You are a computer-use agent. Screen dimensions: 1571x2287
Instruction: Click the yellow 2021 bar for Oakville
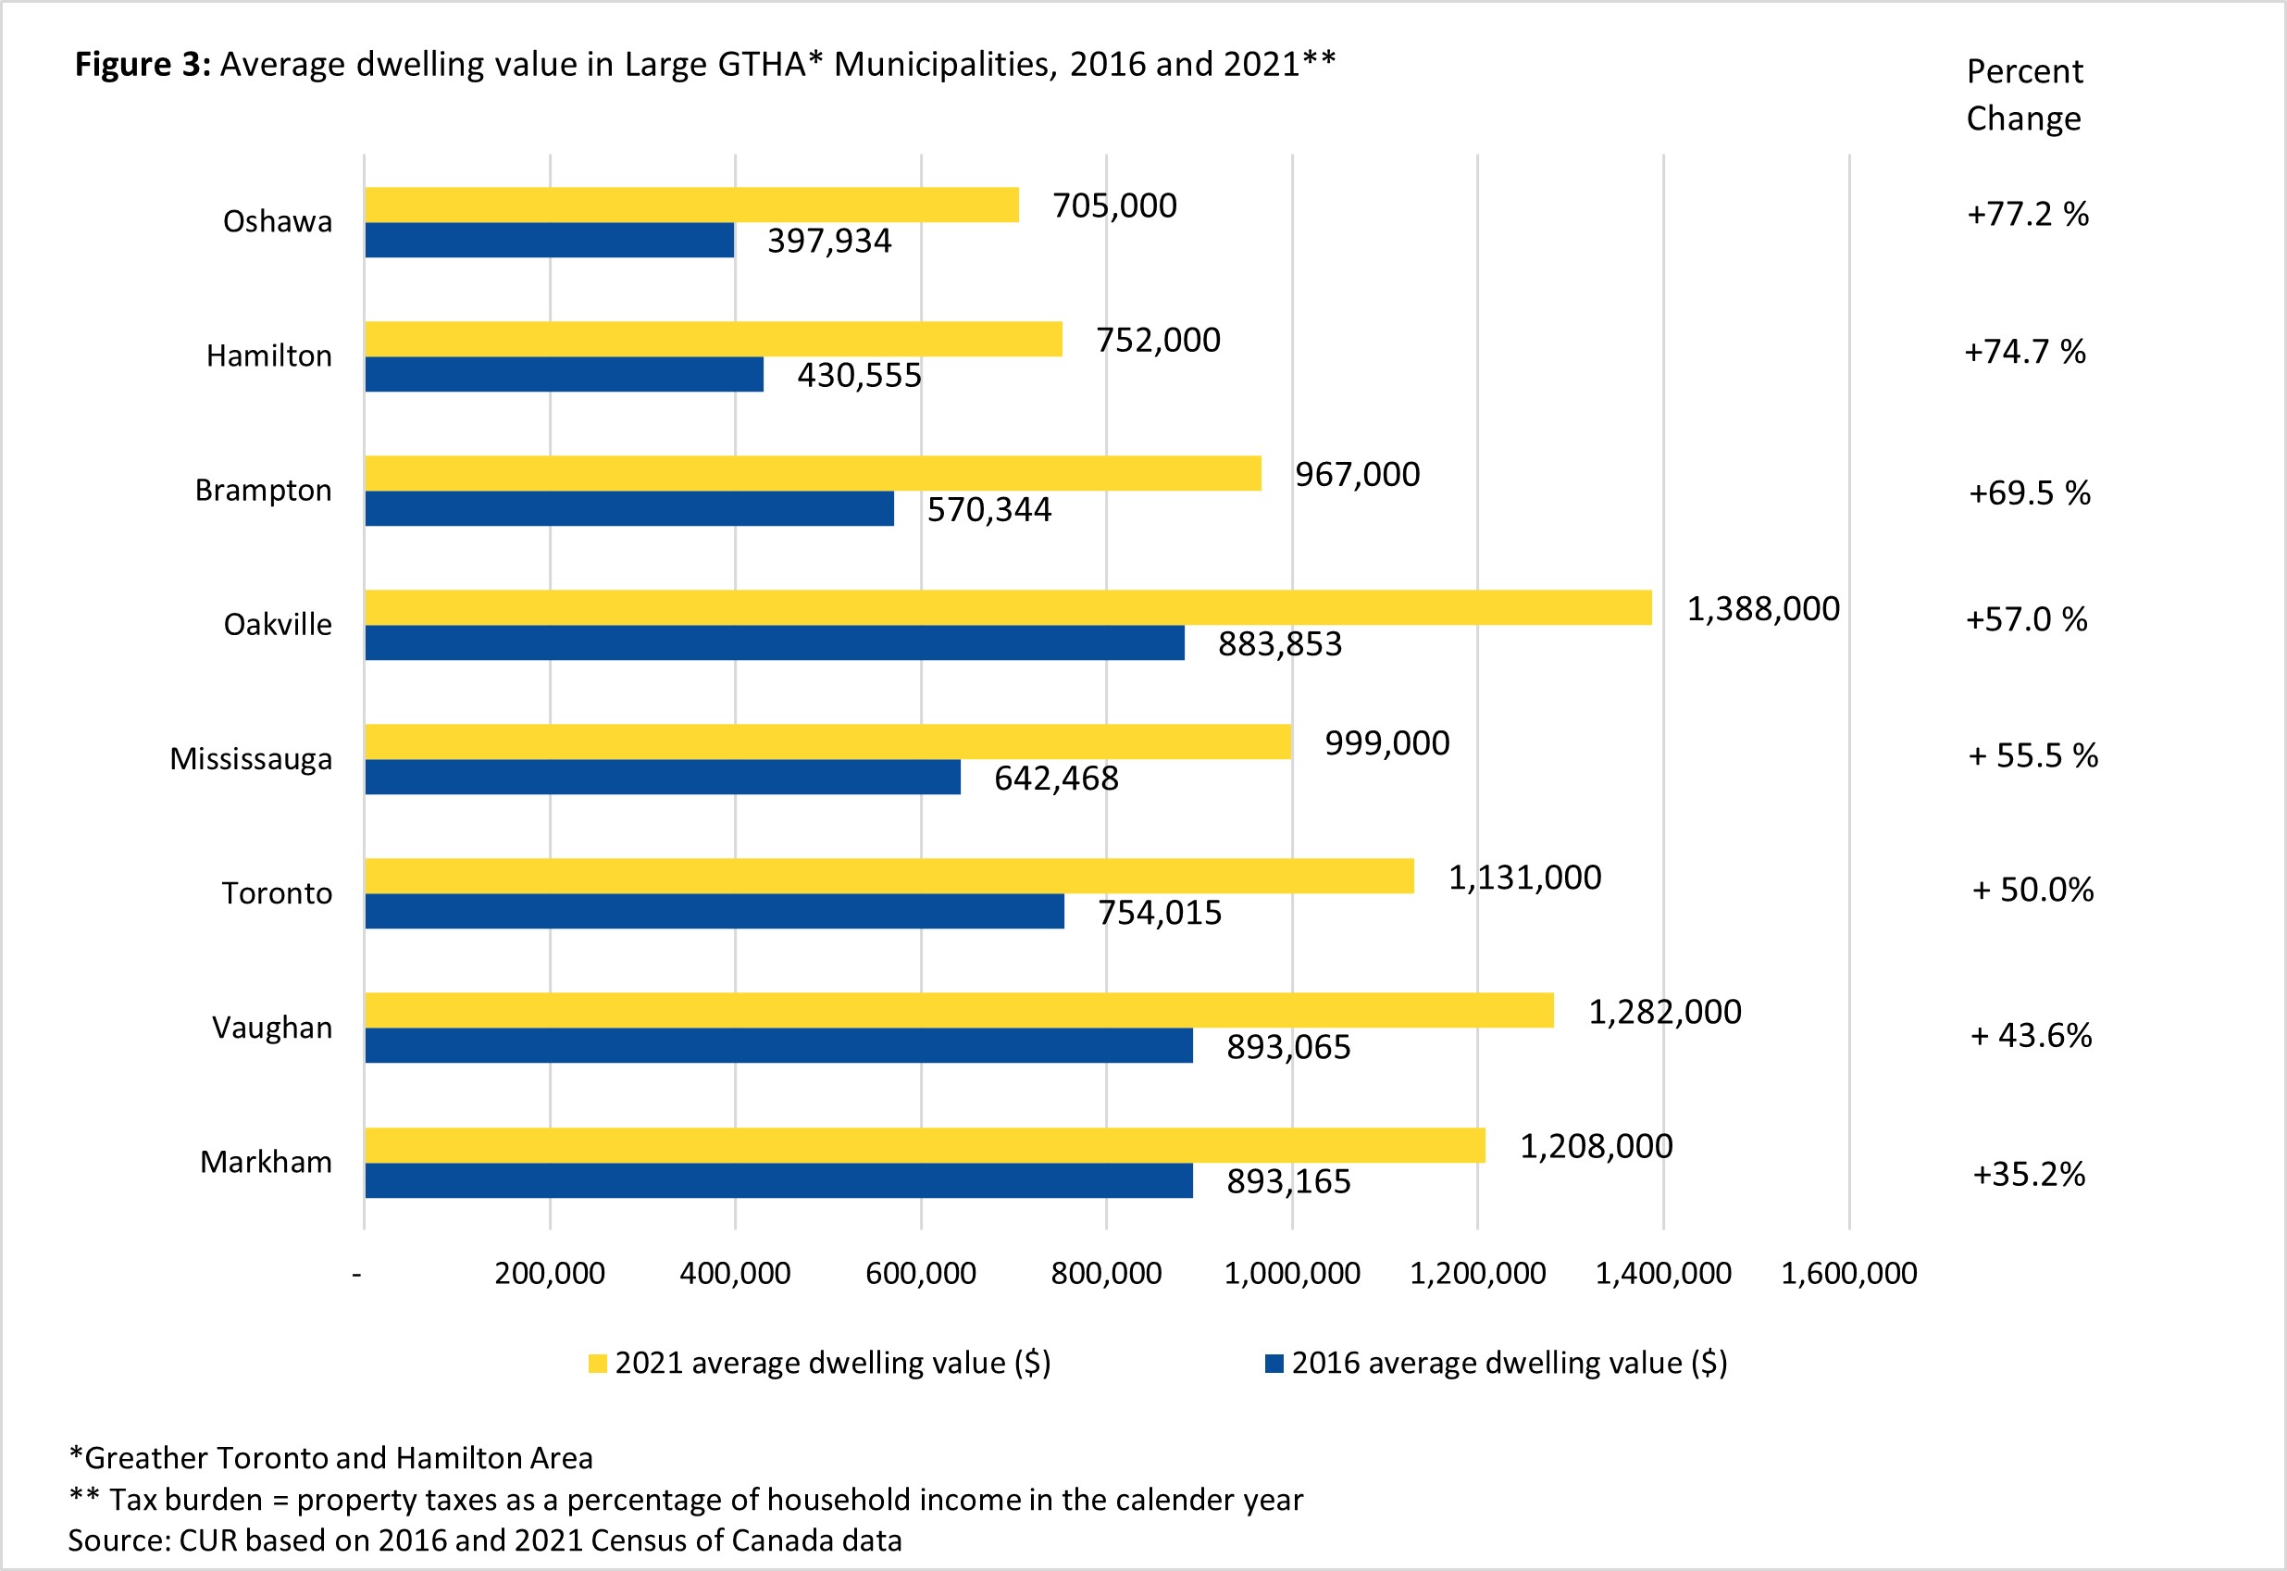pos(1008,607)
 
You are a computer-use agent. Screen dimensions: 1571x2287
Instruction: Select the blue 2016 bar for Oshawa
pos(549,240)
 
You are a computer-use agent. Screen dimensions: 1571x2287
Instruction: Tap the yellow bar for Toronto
pos(889,876)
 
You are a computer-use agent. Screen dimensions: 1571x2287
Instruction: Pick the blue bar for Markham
pos(778,1180)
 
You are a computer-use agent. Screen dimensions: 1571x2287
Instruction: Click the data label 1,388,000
pos(1762,609)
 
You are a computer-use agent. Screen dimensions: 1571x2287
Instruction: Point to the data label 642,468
pos(1056,779)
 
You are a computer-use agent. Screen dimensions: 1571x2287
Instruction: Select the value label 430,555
pos(859,375)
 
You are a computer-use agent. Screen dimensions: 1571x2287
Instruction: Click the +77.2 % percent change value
pos(2027,214)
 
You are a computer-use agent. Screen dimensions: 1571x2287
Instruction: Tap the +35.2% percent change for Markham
pos(2028,1173)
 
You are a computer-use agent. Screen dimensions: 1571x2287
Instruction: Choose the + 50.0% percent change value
pos(2032,890)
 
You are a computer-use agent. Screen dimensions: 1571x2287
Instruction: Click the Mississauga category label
pos(251,759)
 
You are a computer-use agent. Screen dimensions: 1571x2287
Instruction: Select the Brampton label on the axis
pos(263,491)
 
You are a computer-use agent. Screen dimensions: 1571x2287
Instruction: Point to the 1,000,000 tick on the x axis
pos(1291,1273)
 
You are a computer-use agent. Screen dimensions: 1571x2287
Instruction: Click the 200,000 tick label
pos(549,1273)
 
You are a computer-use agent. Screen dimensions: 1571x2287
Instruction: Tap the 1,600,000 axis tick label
pos(1848,1273)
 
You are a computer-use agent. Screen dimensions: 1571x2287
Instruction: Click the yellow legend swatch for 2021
pos(596,1364)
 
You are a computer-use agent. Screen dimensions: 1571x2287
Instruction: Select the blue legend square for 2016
pos(1274,1364)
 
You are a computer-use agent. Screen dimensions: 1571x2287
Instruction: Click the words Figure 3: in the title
pos(143,64)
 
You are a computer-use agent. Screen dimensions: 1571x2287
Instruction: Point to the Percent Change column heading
pos(2023,94)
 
